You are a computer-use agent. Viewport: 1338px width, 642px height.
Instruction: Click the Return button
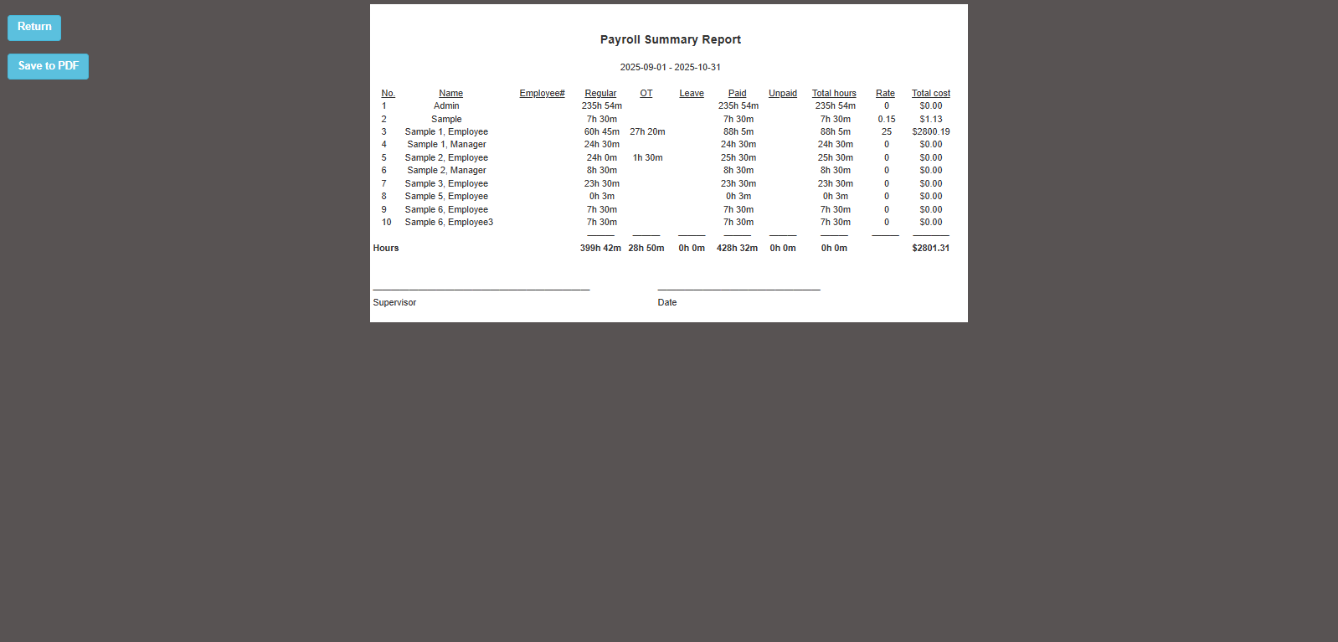(34, 27)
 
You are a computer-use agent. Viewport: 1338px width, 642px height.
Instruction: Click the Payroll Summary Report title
(670, 39)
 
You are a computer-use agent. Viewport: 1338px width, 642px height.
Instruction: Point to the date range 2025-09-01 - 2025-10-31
(670, 67)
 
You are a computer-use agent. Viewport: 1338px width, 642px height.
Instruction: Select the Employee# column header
(542, 93)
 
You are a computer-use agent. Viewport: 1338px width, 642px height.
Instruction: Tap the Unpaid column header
(782, 93)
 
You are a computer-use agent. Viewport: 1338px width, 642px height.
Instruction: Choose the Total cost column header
(930, 93)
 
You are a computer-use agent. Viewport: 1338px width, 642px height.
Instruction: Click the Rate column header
(885, 93)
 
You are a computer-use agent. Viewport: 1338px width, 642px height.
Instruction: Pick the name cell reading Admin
(446, 105)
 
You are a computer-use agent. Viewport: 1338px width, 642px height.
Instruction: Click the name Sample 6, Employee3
(449, 222)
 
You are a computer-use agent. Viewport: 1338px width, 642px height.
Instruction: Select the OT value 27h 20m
(647, 131)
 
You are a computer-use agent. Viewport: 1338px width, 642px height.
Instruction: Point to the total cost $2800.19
(930, 131)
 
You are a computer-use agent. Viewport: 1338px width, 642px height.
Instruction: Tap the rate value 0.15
(886, 119)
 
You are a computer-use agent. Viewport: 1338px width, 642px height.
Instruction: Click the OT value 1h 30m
(647, 157)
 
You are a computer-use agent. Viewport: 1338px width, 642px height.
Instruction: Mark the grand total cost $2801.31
(930, 248)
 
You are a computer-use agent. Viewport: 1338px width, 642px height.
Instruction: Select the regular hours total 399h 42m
(600, 248)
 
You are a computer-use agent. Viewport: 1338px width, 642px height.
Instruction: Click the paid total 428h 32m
(737, 248)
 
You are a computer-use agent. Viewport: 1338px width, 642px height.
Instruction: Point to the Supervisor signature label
(394, 302)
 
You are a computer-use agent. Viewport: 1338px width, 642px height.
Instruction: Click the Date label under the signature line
(667, 302)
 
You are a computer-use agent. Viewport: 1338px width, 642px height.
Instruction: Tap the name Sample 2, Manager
(446, 170)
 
